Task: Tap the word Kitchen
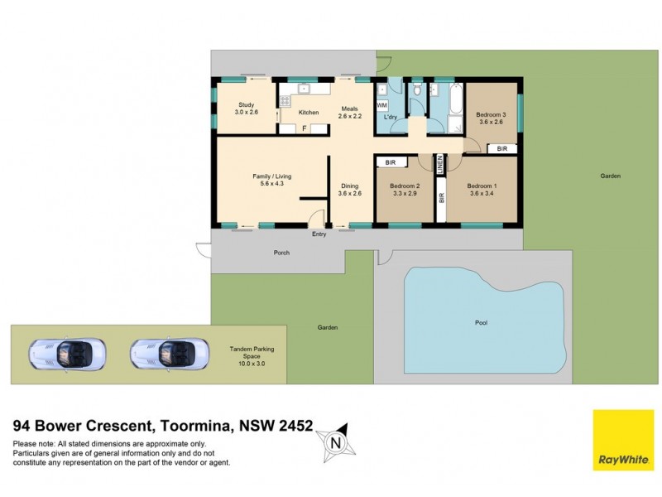(309, 113)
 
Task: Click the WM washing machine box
(381, 106)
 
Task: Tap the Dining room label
(350, 190)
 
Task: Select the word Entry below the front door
(319, 234)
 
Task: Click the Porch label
(281, 253)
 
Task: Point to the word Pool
(482, 322)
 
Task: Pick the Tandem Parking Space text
(252, 353)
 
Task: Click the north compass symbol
(335, 442)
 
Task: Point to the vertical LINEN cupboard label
(440, 164)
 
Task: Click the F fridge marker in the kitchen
(304, 128)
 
